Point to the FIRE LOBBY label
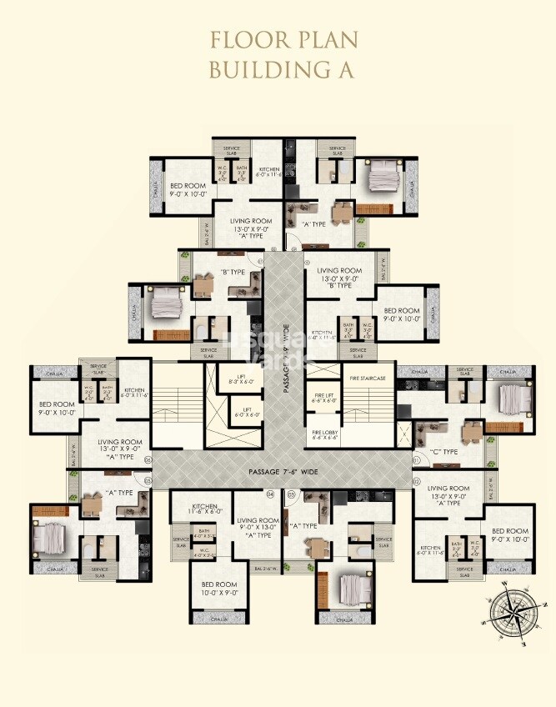coord(324,434)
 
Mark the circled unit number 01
coord(416,459)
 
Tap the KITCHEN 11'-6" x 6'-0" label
coord(205,509)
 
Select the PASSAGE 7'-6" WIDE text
coord(283,472)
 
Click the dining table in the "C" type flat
coord(473,431)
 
